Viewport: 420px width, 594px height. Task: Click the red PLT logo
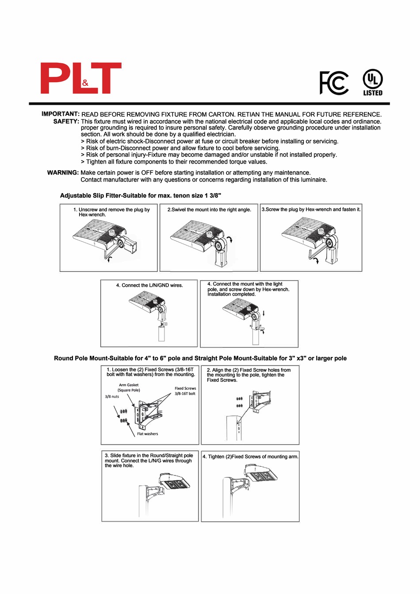point(81,78)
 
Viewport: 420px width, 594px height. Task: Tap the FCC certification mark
point(334,83)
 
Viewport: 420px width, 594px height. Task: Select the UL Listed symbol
point(373,83)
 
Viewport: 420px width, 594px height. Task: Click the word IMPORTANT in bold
point(60,114)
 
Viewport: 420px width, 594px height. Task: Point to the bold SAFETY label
point(66,121)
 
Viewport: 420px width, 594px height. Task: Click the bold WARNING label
point(63,173)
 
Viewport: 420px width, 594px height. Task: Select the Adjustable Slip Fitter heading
point(140,195)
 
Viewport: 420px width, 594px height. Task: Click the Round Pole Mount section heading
point(200,358)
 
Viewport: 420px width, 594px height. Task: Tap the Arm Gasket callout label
point(129,388)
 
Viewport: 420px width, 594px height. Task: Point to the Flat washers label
point(147,434)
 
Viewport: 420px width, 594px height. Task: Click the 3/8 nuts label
point(112,397)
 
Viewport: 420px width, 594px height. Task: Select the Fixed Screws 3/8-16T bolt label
point(185,391)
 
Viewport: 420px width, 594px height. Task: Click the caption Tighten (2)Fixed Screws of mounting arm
point(250,457)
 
